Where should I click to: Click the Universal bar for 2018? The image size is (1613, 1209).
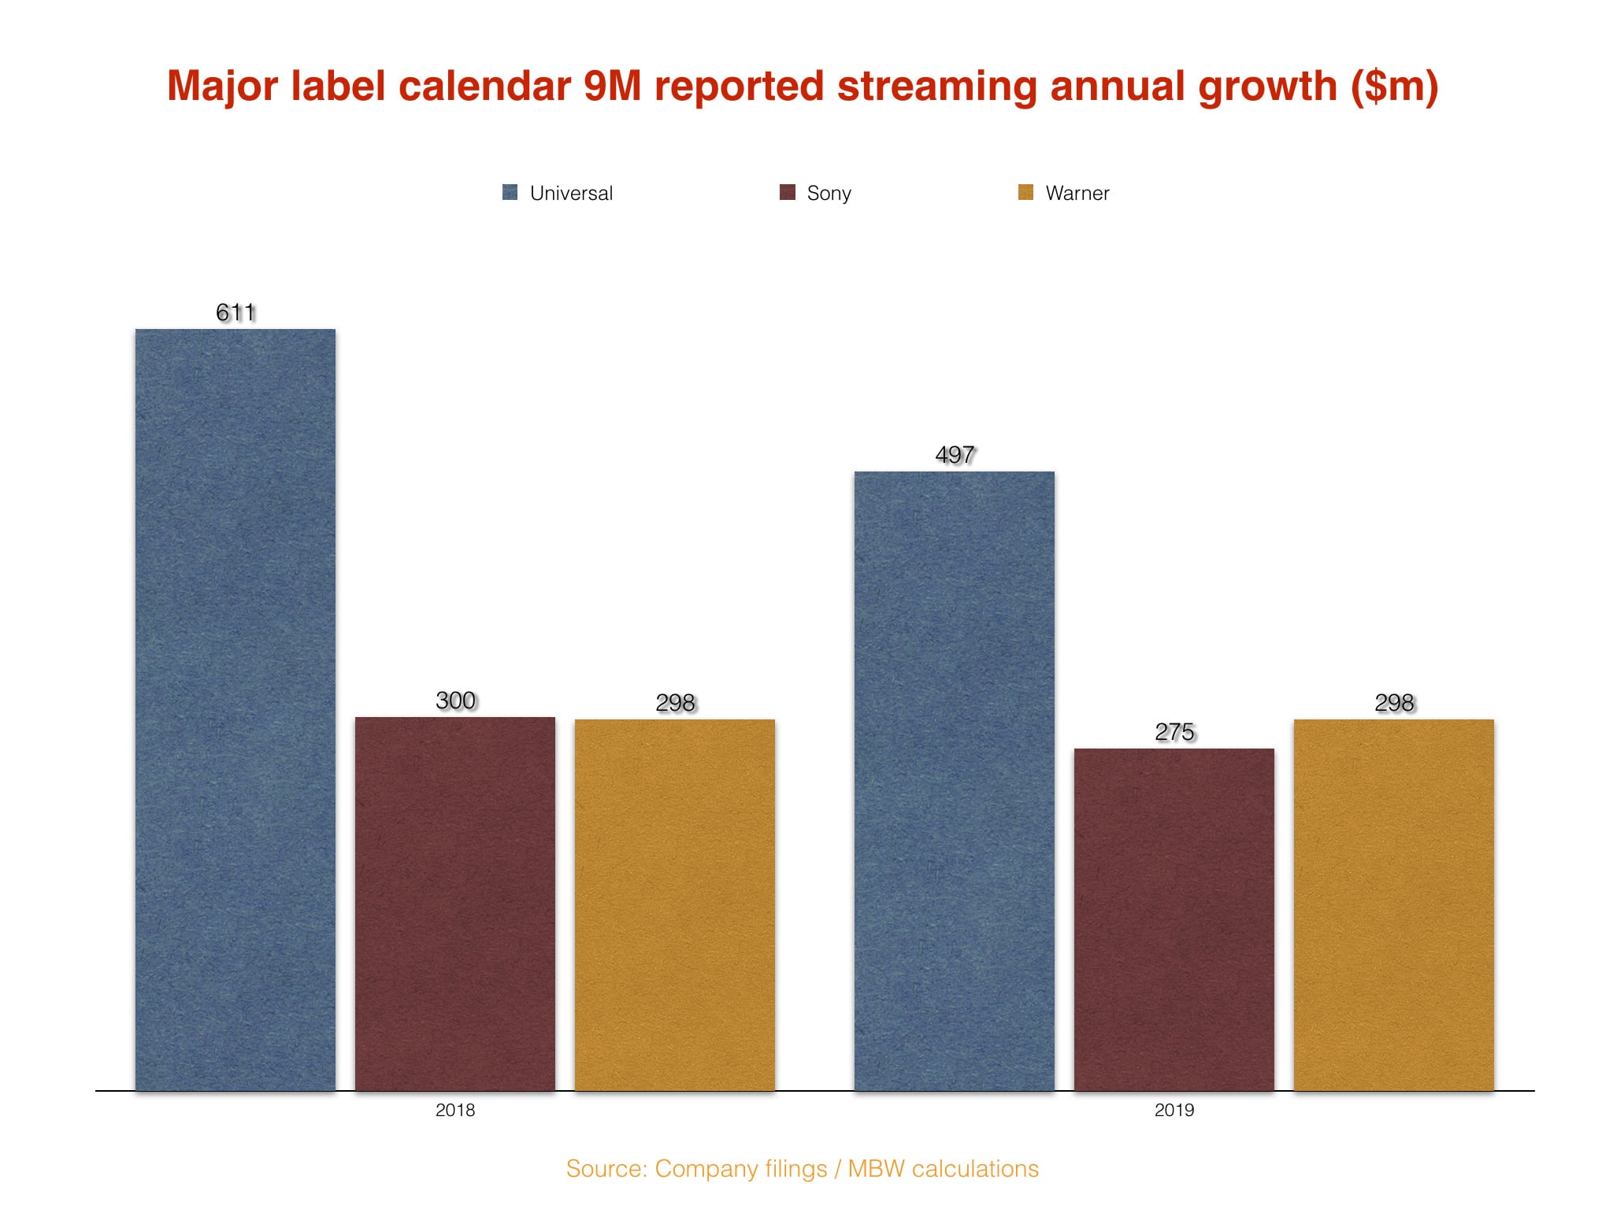(235, 709)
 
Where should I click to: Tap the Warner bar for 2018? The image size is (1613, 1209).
(675, 904)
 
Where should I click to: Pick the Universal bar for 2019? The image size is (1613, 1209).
(955, 780)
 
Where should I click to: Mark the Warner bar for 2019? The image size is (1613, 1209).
(1394, 904)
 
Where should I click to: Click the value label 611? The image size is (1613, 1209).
(235, 312)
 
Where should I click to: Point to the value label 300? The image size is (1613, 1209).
(455, 701)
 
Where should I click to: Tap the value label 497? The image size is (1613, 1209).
(955, 455)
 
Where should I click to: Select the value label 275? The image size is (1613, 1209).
(1174, 732)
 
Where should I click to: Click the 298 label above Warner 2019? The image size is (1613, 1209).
(1394, 703)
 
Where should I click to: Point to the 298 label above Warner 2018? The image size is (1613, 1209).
(675, 703)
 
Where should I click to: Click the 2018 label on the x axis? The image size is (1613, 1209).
(455, 1110)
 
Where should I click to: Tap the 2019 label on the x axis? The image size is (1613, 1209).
(1174, 1110)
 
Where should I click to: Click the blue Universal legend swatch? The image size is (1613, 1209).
(510, 192)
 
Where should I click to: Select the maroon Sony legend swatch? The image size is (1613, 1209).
(788, 192)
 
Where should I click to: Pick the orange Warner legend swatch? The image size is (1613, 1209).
(1025, 192)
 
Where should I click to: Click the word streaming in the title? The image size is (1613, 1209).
(936, 87)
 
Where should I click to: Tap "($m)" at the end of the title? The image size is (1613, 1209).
(1394, 87)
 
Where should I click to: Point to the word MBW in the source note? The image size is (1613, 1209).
(876, 1169)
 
